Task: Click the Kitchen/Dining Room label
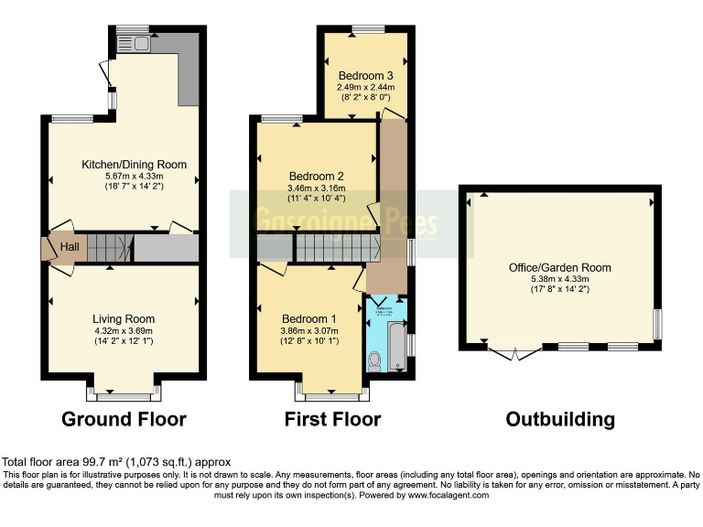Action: pos(134,165)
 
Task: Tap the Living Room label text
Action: pos(123,318)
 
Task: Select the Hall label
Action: pos(69,247)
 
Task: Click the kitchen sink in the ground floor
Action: pos(141,42)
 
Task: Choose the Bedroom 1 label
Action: pos(308,318)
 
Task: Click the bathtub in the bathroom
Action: pos(395,343)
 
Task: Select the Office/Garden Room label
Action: pos(559,268)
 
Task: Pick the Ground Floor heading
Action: pos(124,420)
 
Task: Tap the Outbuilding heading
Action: pos(560,420)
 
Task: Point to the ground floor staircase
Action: pos(109,247)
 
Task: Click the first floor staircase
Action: pos(335,247)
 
